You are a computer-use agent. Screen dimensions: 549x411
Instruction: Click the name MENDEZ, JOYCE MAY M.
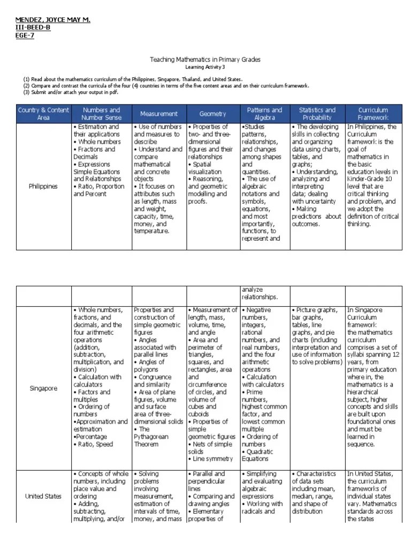click(x=52, y=20)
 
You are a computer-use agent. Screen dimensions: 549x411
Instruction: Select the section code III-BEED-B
click(x=33, y=27)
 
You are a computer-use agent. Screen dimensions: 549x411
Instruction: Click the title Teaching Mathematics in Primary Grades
click(x=205, y=60)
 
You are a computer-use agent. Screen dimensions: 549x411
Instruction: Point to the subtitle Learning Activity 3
click(x=205, y=67)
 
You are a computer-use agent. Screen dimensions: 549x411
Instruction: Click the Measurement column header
click(x=158, y=114)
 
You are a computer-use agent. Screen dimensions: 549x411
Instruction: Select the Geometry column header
click(x=212, y=114)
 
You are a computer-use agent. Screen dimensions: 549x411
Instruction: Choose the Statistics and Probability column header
click(x=317, y=114)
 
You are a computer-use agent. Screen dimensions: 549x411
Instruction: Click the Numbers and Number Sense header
click(x=101, y=114)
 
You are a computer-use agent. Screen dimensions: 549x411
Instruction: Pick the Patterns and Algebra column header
click(x=264, y=114)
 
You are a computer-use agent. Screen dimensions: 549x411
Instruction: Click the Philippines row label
click(x=43, y=187)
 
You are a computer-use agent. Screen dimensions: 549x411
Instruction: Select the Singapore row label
click(x=43, y=388)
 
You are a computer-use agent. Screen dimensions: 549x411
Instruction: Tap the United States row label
click(x=43, y=496)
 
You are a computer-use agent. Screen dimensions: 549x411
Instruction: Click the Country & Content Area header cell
click(x=43, y=114)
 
